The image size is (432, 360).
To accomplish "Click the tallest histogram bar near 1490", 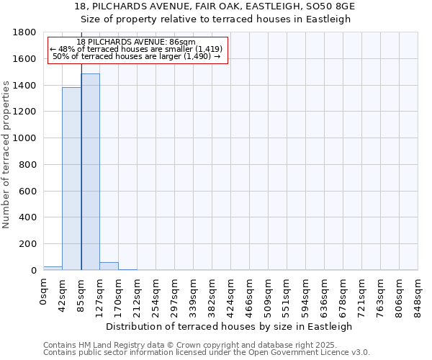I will coord(90,173).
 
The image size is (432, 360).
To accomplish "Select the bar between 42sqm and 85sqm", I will coord(71,180).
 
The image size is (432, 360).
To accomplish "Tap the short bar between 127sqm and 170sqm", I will coord(109,266).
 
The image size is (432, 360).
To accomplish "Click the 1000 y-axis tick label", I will coord(27,138).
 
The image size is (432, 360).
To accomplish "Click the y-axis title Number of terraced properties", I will coord(6,155).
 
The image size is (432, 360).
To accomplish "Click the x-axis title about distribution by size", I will coord(230,326).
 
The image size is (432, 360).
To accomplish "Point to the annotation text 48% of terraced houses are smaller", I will coord(137,49).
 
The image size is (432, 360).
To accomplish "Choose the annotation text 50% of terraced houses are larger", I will coord(137,56).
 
